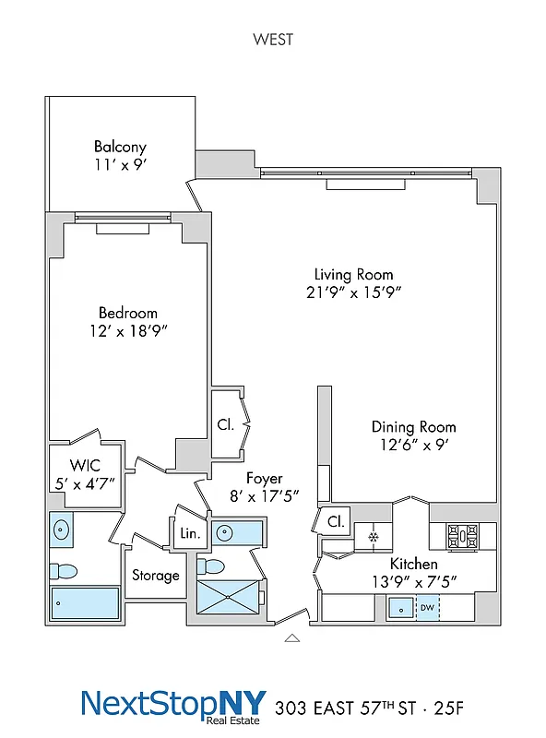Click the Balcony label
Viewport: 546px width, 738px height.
[x=120, y=147]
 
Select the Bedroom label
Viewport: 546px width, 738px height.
[x=127, y=313]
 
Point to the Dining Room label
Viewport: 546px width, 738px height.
[x=413, y=427]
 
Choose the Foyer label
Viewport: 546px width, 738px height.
[x=264, y=479]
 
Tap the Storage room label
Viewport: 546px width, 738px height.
[x=155, y=576]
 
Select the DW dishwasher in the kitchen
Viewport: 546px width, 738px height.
[x=427, y=608]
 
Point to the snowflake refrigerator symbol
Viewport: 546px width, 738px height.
[x=374, y=537]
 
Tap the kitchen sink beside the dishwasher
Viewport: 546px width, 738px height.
[x=401, y=608]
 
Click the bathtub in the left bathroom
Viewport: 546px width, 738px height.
[x=84, y=603]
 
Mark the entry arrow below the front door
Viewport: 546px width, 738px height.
[x=292, y=637]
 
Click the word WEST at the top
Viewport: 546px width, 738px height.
[x=272, y=40]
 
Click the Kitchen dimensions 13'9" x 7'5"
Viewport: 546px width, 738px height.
[x=413, y=581]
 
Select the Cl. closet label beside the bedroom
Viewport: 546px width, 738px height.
[x=226, y=425]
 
